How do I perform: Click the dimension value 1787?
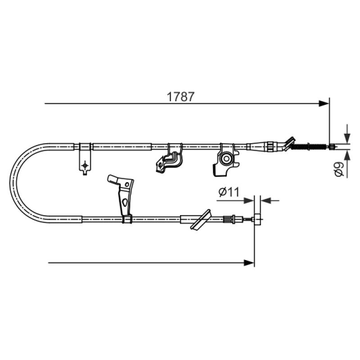click(181, 97)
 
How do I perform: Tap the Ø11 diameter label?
click(229, 192)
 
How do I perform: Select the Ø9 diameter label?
click(339, 169)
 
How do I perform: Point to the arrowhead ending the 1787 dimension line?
click(324, 103)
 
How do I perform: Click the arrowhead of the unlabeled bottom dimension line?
click(249, 263)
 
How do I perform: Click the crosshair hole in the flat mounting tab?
click(85, 165)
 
